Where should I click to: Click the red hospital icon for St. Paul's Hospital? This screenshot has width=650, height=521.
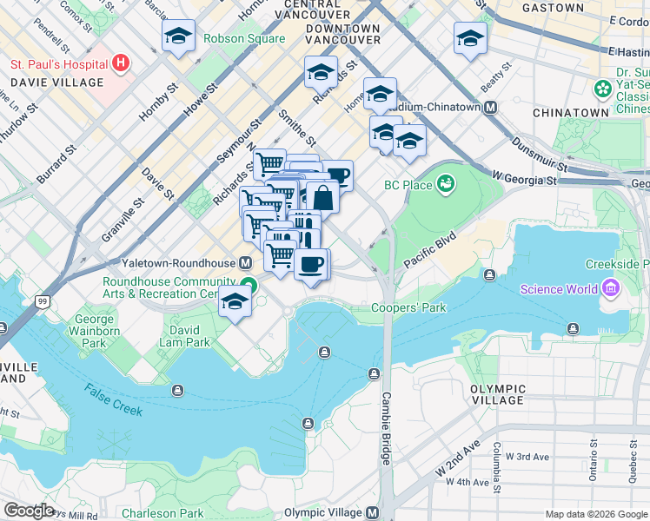tap(120, 63)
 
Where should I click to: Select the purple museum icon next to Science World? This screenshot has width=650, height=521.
tap(610, 288)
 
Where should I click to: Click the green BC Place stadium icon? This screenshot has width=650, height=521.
tap(446, 184)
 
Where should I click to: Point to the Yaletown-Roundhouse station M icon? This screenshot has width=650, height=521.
tap(246, 262)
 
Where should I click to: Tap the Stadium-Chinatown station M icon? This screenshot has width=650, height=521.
tap(491, 107)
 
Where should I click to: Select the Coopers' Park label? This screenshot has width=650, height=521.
tap(408, 307)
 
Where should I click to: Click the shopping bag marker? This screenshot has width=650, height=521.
tap(322, 197)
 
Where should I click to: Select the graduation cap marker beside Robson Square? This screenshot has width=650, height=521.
tap(178, 36)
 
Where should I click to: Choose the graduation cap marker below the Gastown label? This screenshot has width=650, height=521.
tap(470, 38)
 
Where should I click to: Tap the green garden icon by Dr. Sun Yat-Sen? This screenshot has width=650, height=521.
tap(601, 88)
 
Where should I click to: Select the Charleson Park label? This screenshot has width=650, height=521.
tap(162, 513)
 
